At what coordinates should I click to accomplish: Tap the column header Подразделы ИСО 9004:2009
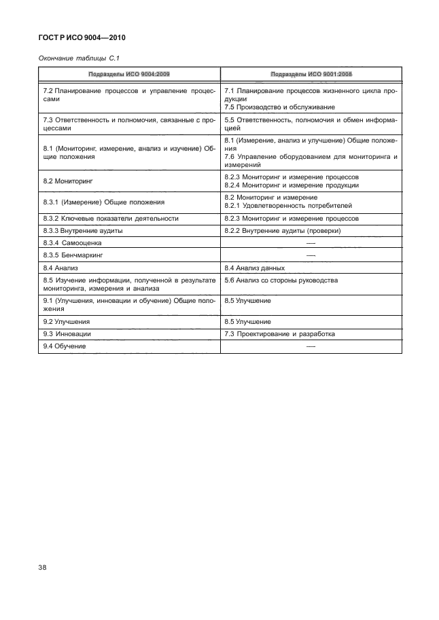128,74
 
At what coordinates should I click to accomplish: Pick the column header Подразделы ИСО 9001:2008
311,74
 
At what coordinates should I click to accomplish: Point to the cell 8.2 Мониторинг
67,181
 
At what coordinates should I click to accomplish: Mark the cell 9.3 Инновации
67,333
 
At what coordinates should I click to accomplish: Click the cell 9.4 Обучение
65,346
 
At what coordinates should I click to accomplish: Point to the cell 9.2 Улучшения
67,321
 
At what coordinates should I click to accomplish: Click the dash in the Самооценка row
311,243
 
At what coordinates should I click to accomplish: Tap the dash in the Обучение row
311,346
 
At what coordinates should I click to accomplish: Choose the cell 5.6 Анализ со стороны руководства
281,280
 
